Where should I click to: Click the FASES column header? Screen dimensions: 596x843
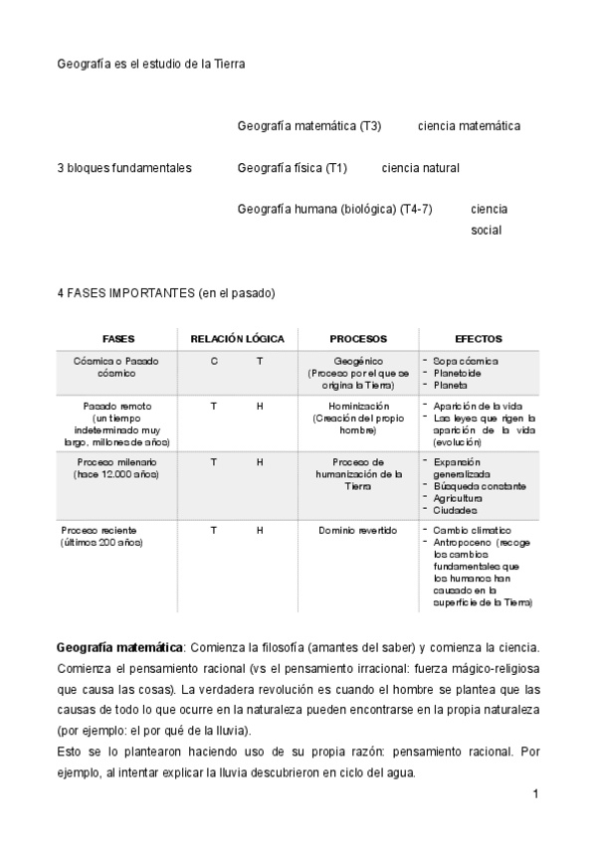click(x=118, y=339)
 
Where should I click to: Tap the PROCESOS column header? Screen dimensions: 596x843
click(x=358, y=339)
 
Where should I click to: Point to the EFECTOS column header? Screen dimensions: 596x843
click(x=478, y=339)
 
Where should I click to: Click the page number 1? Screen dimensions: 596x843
click(x=534, y=793)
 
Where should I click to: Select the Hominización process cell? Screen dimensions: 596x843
click(x=358, y=418)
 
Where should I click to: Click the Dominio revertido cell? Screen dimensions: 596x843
click(x=358, y=531)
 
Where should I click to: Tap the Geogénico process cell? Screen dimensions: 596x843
click(x=358, y=372)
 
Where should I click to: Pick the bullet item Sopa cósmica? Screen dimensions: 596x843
click(x=466, y=361)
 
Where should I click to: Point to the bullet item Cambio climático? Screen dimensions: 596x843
click(x=472, y=531)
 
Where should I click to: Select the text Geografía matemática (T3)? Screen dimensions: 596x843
click(x=309, y=126)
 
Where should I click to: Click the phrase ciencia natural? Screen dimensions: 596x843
click(x=420, y=168)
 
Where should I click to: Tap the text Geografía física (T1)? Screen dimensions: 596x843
click(x=293, y=168)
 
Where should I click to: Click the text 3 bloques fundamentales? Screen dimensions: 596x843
click(x=123, y=168)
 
